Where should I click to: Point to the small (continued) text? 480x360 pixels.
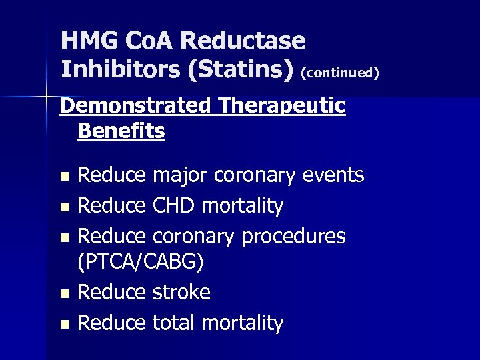[x=340, y=73]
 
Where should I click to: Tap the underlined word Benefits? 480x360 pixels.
[x=121, y=131]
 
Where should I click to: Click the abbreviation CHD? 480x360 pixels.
[x=174, y=206]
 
